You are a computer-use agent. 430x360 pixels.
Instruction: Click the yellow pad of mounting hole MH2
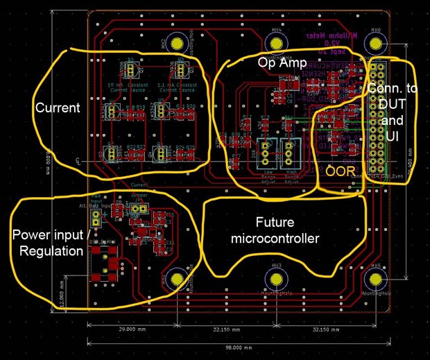tap(177, 44)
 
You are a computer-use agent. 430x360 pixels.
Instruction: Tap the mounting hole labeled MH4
tap(277, 44)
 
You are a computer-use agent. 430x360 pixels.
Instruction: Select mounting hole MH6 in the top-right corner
tap(377, 44)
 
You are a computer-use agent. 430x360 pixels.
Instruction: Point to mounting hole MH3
tap(277, 280)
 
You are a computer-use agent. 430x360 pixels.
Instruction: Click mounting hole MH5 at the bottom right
tap(377, 280)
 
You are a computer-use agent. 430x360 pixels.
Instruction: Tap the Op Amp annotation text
tap(277, 62)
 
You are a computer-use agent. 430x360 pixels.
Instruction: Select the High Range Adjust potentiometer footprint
tap(291, 150)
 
